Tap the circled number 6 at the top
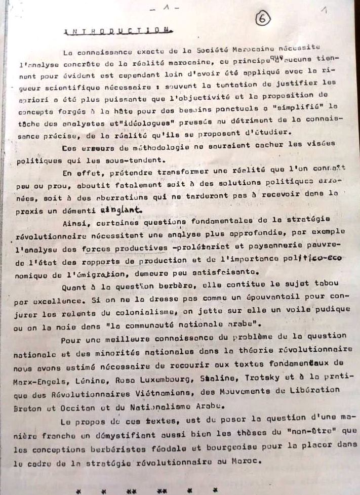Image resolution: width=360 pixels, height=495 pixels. click(263, 19)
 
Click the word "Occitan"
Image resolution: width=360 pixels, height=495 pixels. click(108, 404)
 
